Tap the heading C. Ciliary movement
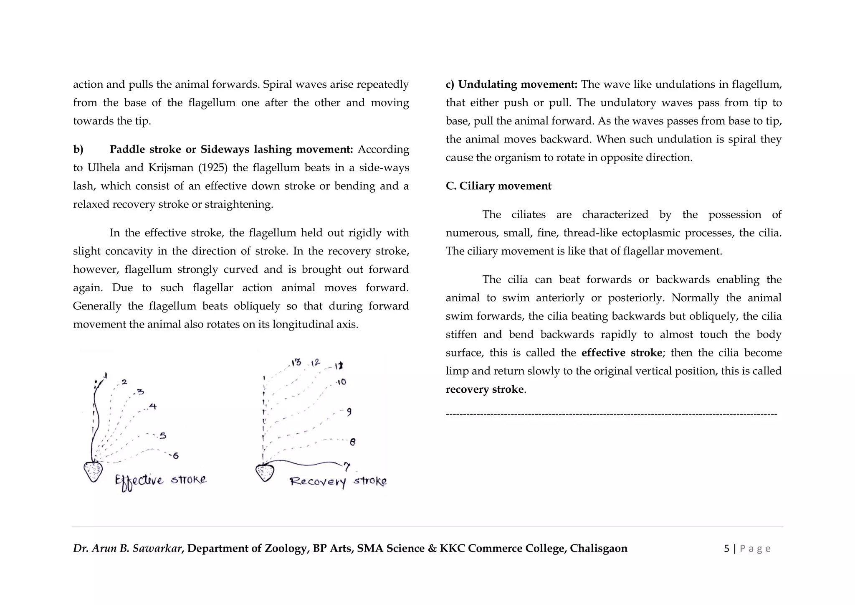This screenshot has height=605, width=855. coord(498,186)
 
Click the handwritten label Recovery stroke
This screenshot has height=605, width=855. coord(338,482)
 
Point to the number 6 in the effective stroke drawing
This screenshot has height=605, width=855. coord(176,456)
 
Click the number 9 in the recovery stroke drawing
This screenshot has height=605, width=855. coord(349,412)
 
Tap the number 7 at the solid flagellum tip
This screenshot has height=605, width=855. coord(347,467)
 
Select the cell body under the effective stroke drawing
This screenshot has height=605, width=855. coord(93,471)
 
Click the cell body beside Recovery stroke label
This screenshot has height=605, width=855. coord(265,473)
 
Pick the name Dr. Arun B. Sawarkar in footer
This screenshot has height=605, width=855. coord(127,549)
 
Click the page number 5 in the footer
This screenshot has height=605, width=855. coord(726,549)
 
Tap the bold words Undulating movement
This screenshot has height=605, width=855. coord(518,84)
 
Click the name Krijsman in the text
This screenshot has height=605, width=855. coord(171,168)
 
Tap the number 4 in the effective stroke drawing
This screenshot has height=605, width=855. coord(153,406)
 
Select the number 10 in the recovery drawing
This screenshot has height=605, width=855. coord(341,382)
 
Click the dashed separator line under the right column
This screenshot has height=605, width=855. coord(611,414)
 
